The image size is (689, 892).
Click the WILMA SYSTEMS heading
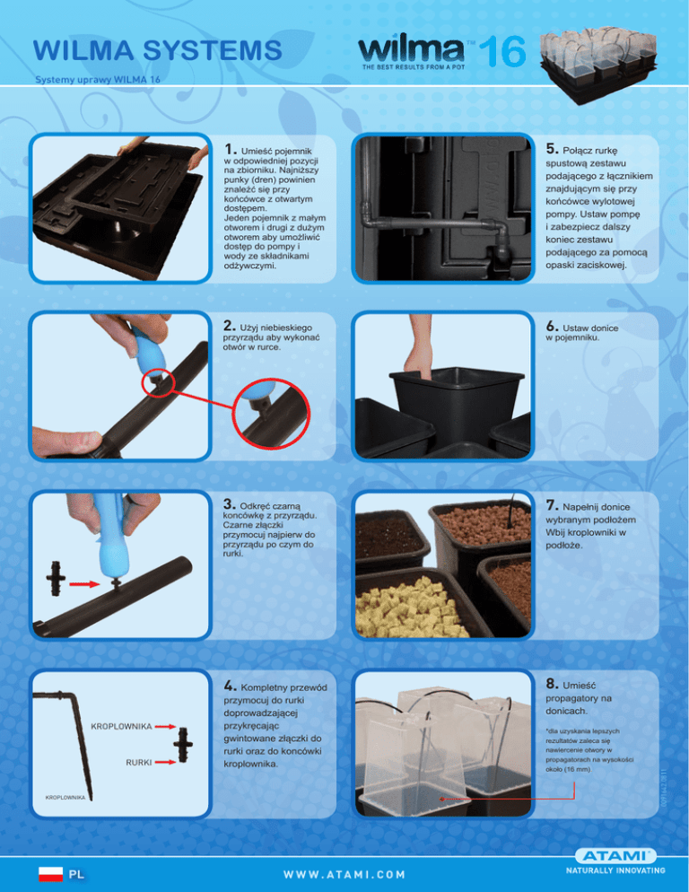(158, 50)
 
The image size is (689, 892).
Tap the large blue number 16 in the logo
(501, 52)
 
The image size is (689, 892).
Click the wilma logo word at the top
(412, 50)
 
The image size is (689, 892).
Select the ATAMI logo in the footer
(615, 856)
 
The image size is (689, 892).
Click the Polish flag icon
(50, 874)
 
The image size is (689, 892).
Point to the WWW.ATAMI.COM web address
(344, 874)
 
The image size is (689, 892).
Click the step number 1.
(230, 149)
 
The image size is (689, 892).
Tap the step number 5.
(552, 148)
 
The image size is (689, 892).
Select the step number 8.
(552, 684)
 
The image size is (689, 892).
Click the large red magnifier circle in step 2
(272, 415)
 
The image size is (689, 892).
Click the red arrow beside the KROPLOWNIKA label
(165, 727)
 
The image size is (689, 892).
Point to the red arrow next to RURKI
(165, 762)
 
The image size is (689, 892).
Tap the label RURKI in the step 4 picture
(139, 762)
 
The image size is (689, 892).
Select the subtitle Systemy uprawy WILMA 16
(98, 80)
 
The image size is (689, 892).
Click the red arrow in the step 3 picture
(83, 583)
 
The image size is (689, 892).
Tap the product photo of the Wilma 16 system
(598, 65)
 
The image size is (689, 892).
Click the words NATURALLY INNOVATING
(615, 870)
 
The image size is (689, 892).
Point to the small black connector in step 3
(56, 579)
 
